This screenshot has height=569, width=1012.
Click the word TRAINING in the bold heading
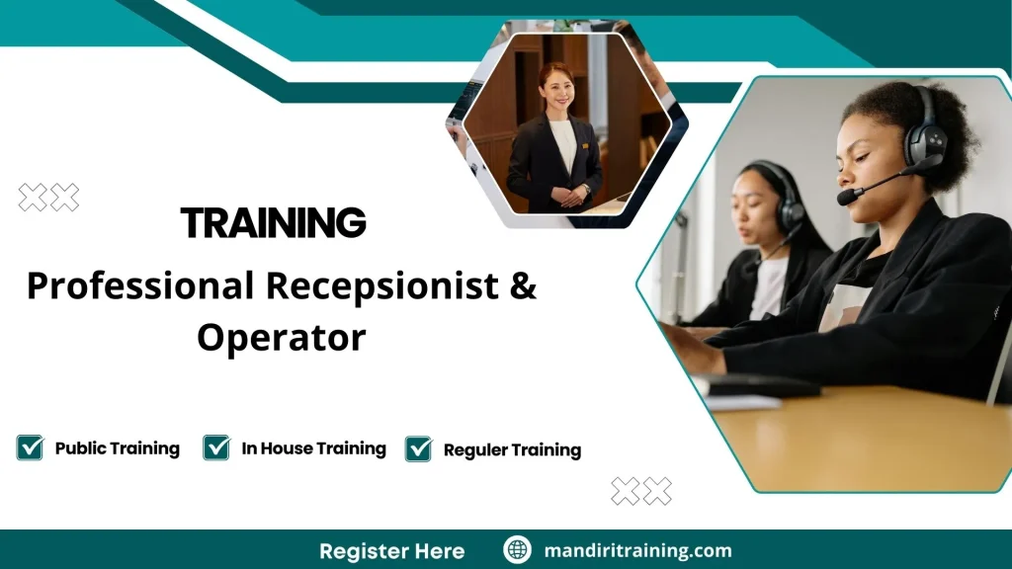(x=273, y=223)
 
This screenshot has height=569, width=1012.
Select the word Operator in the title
(x=281, y=338)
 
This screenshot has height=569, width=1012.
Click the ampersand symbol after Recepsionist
(x=524, y=286)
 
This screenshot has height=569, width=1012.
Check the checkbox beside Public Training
(x=31, y=447)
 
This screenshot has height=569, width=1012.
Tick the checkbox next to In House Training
(x=216, y=447)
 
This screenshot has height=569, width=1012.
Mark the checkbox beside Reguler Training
(x=419, y=448)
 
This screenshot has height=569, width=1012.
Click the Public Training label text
(x=117, y=448)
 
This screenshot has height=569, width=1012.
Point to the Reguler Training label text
(x=512, y=450)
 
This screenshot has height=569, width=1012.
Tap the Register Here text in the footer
(x=391, y=550)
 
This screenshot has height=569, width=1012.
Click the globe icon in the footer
(x=517, y=550)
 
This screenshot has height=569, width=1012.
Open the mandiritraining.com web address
(x=637, y=550)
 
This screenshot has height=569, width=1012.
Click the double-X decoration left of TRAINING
(x=48, y=198)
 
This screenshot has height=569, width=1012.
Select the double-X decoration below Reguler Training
(x=640, y=491)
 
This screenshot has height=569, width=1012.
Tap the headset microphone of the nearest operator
(x=849, y=197)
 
